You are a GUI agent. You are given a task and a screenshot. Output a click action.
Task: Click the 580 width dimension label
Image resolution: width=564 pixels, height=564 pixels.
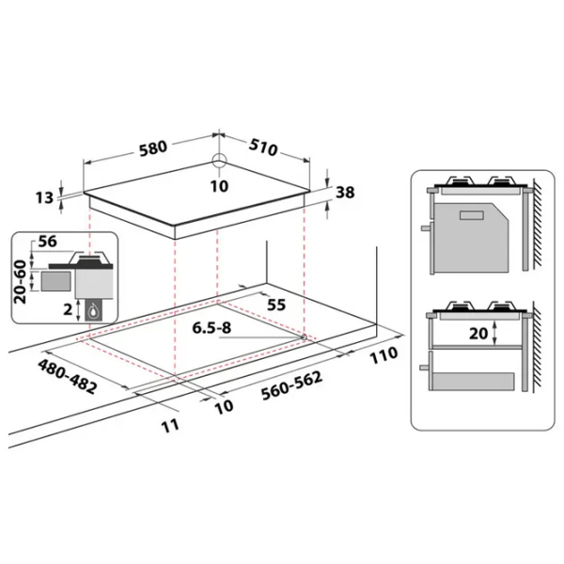(x=153, y=148)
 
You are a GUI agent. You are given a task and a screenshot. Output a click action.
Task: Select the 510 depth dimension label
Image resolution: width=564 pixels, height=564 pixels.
(x=263, y=147)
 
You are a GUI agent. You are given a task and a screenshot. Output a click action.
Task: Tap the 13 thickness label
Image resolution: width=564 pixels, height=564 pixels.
(x=44, y=197)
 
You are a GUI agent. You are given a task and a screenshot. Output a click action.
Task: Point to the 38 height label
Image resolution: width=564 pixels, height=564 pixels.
(x=345, y=193)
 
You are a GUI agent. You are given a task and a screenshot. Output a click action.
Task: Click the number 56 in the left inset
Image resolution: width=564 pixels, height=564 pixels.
(x=48, y=242)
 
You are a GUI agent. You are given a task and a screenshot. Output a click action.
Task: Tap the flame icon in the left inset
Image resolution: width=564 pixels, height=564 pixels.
(x=94, y=310)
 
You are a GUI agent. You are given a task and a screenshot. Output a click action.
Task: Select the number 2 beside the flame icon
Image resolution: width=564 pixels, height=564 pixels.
(x=68, y=309)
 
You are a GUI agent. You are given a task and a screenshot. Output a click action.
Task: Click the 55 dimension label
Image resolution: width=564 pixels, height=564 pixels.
(x=276, y=305)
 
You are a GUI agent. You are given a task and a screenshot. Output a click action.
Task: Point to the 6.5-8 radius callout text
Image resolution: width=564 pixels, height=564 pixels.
(x=211, y=328)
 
